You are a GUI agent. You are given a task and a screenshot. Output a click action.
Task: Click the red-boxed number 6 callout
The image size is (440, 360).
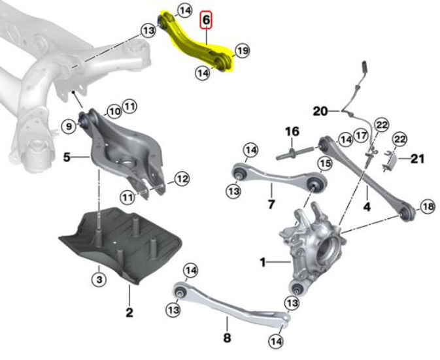pyautogui.click(x=206, y=20)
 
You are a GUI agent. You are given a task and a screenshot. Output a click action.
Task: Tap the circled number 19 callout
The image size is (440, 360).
pyautogui.click(x=242, y=50)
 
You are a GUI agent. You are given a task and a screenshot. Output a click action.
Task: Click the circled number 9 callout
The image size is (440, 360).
pyautogui.click(x=68, y=125)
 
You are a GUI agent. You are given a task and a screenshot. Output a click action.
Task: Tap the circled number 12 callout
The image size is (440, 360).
pyautogui.click(x=182, y=178)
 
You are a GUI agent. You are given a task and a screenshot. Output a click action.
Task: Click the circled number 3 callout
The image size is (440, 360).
pyautogui.click(x=99, y=280)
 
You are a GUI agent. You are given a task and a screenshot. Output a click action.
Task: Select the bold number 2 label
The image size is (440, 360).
pyautogui.click(x=129, y=312)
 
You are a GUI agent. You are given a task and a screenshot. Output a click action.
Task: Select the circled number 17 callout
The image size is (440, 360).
pyautogui.click(x=360, y=136)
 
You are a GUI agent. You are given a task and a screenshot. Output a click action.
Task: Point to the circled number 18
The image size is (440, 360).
pyautogui.click(x=427, y=206)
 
